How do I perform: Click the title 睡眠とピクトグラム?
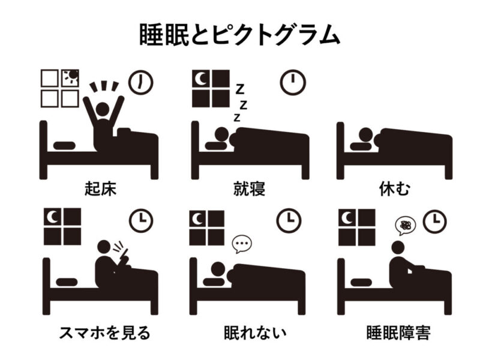point(239,35)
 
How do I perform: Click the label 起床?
point(100,188)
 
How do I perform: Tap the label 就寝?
point(249,188)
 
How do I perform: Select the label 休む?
point(394,188)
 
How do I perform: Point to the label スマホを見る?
point(104,333)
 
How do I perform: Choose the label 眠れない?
point(255,333)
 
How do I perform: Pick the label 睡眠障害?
point(398,333)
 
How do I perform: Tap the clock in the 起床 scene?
point(140,83)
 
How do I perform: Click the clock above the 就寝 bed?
point(293,83)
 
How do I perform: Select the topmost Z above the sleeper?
point(239,89)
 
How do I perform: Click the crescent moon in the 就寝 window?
point(200,79)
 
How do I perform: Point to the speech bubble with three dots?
point(242,244)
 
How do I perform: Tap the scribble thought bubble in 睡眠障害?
point(406,226)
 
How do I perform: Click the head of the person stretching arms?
point(102,109)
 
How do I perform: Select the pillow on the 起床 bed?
point(64,145)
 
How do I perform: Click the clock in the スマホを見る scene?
point(141,220)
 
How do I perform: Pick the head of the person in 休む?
point(365,134)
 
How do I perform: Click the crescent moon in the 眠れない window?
point(198,218)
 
